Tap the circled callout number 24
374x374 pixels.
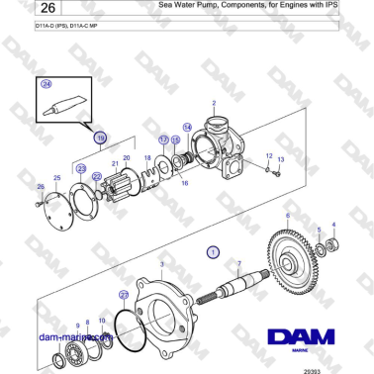[x=46, y=85]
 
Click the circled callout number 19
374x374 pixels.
[x=100, y=140]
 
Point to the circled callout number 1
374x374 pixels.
[x=211, y=252]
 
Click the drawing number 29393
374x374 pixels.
[x=340, y=367]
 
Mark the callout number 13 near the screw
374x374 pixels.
[x=280, y=159]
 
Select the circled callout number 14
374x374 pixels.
[x=187, y=126]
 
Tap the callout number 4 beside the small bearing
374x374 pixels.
[x=332, y=225]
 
